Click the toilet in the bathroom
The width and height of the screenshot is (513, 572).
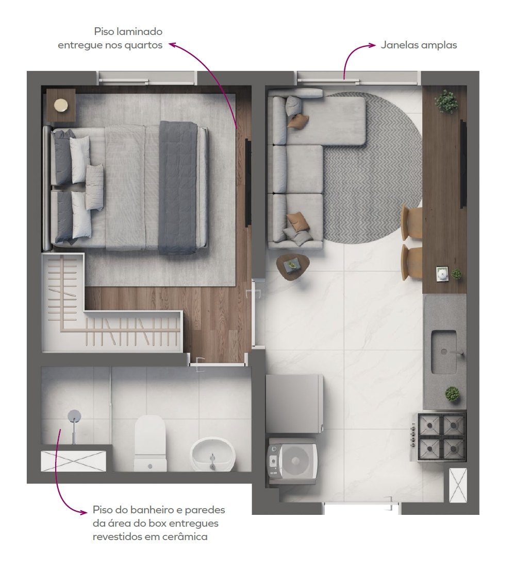(150, 442)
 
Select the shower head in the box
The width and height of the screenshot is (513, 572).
(74, 415)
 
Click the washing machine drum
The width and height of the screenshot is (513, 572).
(297, 461)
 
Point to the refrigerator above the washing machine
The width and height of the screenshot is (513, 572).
(294, 404)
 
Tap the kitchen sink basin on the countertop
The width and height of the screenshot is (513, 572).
(443, 352)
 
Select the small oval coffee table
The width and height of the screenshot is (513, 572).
(293, 267)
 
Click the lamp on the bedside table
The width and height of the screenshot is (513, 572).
(61, 106)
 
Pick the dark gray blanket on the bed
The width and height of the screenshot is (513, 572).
(178, 187)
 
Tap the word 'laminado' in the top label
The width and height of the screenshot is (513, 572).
(139, 31)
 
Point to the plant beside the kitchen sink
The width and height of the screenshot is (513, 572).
(452, 394)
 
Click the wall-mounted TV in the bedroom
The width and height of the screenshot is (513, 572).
(247, 182)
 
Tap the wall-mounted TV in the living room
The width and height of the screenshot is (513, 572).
(463, 164)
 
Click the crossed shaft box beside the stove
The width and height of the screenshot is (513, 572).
(458, 486)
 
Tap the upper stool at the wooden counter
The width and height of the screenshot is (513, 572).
(411, 222)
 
